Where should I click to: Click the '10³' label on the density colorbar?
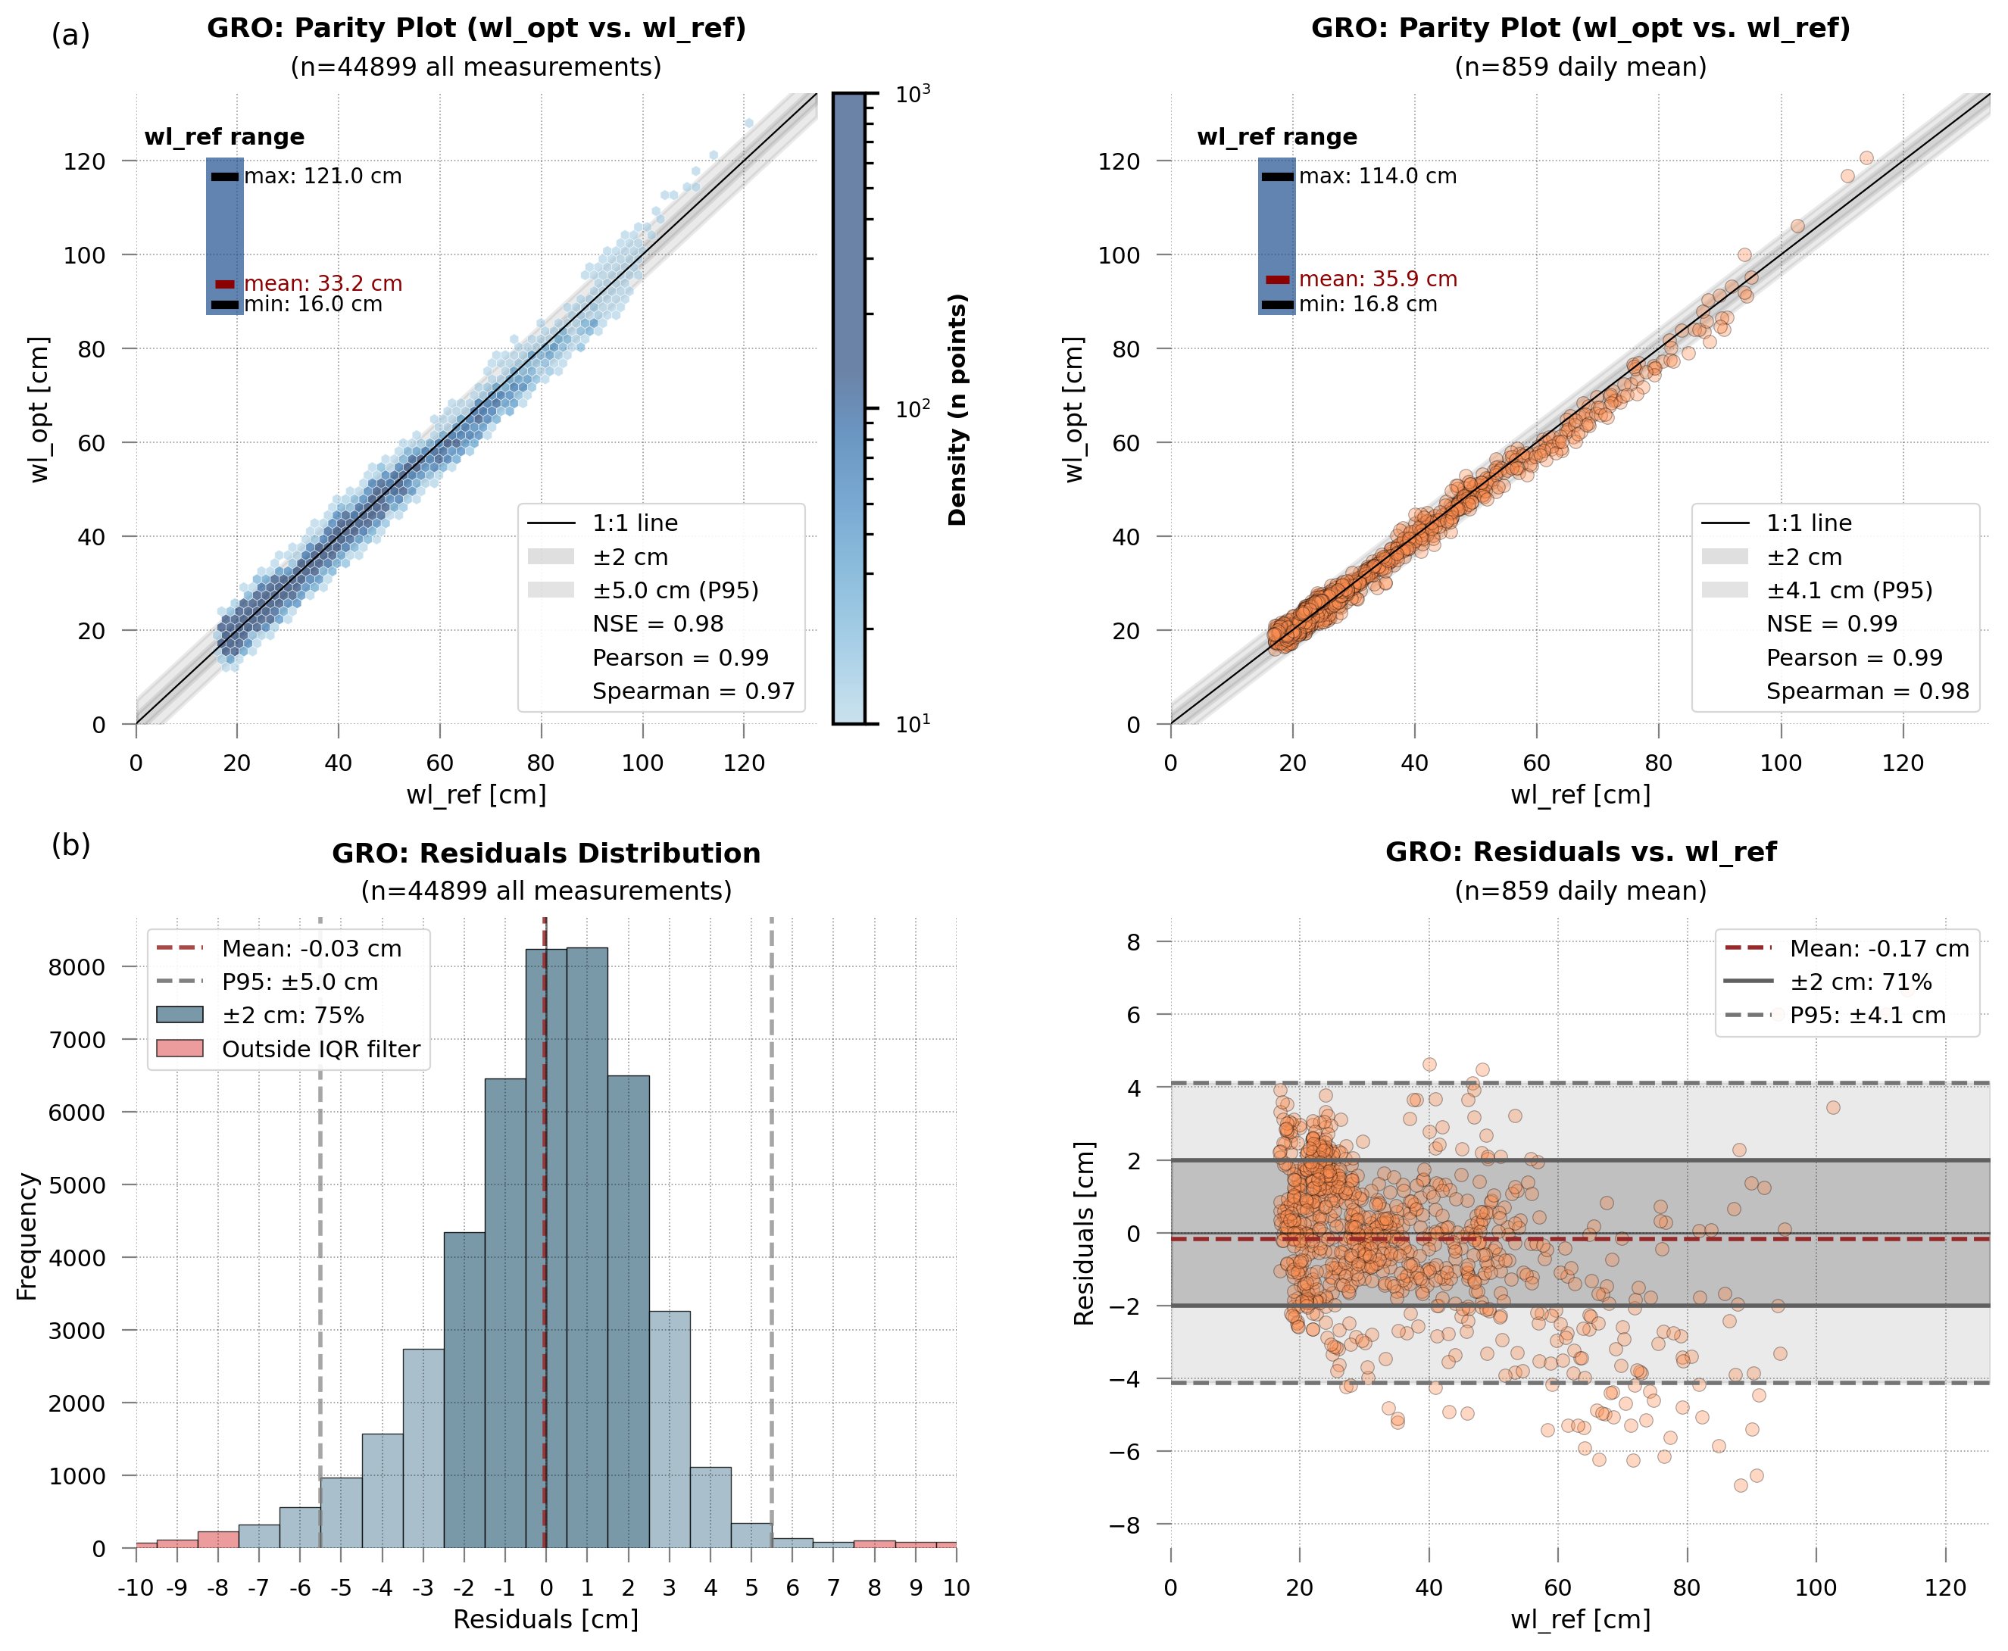pyautogui.click(x=912, y=93)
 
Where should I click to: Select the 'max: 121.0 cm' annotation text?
pyautogui.click(x=323, y=176)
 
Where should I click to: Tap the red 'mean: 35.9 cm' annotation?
pyautogui.click(x=1377, y=279)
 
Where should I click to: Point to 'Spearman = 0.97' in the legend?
pyautogui.click(x=692, y=691)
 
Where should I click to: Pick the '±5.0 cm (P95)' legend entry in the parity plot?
pyautogui.click(x=676, y=591)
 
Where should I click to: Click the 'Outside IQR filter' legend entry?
pyautogui.click(x=320, y=1049)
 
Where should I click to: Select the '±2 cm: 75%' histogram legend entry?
pyautogui.click(x=293, y=1016)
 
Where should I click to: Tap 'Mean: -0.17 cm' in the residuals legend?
pyautogui.click(x=1878, y=948)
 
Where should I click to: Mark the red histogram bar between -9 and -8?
pyautogui.click(x=177, y=1543)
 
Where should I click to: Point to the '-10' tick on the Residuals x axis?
pyautogui.click(x=136, y=1587)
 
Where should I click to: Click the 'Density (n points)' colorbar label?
pyautogui.click(x=957, y=409)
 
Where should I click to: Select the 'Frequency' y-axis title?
pyautogui.click(x=27, y=1236)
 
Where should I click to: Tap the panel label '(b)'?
pyautogui.click(x=70, y=844)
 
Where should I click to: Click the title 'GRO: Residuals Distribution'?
pyautogui.click(x=546, y=853)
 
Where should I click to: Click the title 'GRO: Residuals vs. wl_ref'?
pyautogui.click(x=1580, y=852)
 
